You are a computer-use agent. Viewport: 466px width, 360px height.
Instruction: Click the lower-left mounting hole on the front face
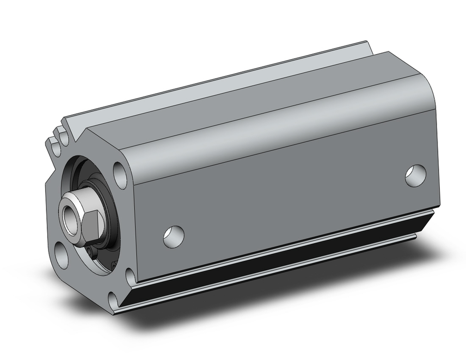point(61,256)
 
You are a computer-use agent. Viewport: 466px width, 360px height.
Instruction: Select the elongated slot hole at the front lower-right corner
point(131,278)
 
